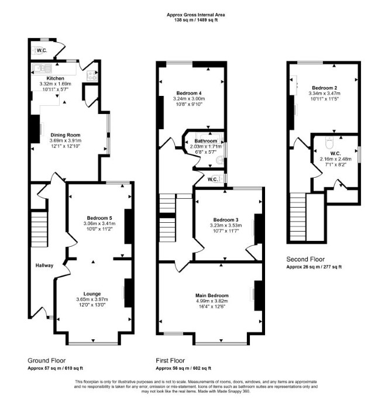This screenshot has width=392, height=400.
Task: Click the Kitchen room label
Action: tap(55, 78)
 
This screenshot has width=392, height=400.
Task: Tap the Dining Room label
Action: tap(66, 135)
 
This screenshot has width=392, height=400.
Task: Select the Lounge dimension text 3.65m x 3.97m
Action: tap(92, 299)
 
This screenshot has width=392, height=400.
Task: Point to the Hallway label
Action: tap(44, 265)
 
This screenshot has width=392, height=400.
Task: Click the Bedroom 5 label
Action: tap(99, 218)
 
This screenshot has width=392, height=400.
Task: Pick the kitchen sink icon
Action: tap(42, 68)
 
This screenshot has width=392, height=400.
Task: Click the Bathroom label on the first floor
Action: tap(206, 141)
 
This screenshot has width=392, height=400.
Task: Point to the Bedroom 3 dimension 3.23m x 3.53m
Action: tap(226, 225)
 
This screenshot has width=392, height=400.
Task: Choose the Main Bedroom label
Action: tap(212, 295)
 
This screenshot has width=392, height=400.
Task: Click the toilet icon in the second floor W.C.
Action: tap(330, 142)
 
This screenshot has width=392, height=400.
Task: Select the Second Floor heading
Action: tap(305, 259)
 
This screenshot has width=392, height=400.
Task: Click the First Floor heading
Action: tap(170, 360)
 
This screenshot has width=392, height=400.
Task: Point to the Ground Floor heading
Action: tap(46, 360)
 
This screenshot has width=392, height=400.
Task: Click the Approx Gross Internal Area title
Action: tap(196, 15)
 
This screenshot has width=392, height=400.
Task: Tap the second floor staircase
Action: tap(298, 216)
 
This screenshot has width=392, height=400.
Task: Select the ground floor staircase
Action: tap(39, 229)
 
